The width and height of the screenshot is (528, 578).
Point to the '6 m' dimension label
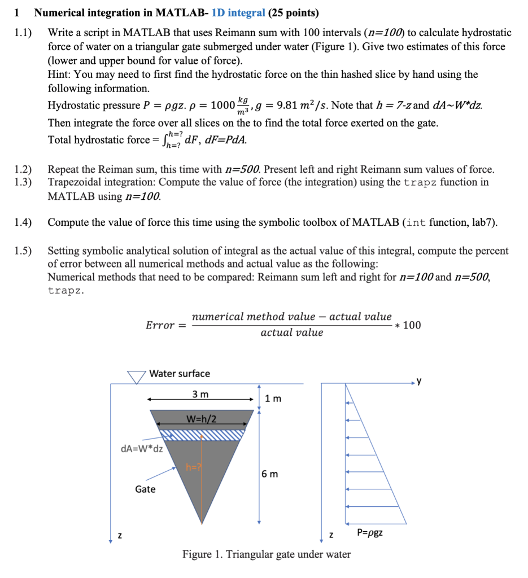click(x=270, y=474)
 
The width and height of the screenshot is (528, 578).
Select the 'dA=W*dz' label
click(x=142, y=449)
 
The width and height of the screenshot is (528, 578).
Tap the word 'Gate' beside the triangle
click(x=145, y=489)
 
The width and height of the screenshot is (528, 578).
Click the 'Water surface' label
click(x=180, y=373)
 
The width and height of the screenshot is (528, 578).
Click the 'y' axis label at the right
click(x=418, y=379)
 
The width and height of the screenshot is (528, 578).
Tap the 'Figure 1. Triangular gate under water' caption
click(x=266, y=554)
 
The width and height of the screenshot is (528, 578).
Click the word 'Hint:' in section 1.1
click(x=60, y=75)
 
